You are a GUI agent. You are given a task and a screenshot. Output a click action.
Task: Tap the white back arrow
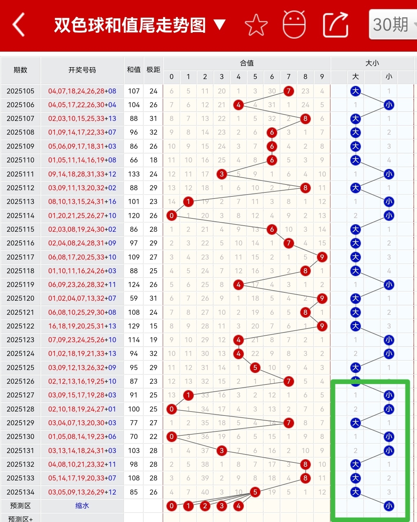point(19,25)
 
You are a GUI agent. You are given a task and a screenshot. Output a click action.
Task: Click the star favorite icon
point(256,25)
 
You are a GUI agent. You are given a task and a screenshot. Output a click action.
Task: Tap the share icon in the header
point(335,25)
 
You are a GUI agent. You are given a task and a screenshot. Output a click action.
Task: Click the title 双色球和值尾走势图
point(130,25)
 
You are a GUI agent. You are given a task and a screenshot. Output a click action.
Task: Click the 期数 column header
point(21,70)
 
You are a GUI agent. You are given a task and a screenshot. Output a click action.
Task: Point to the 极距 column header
point(153,70)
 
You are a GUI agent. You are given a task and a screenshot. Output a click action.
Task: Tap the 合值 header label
point(247,63)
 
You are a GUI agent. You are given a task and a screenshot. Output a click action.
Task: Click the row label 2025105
point(21,91)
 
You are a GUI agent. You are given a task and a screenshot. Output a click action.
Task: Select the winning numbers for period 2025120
point(82,299)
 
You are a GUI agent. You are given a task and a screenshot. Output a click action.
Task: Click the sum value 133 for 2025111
point(134,174)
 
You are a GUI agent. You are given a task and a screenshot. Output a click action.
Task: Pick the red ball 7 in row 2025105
point(289,91)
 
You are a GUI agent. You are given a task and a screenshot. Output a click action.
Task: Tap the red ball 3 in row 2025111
point(222,174)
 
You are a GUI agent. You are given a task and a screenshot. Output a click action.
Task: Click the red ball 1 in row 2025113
point(188,202)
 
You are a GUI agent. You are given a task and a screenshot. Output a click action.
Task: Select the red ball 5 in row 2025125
point(255,367)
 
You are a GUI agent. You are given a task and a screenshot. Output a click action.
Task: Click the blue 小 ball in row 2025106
point(389,105)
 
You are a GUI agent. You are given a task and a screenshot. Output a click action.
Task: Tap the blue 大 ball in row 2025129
point(356,423)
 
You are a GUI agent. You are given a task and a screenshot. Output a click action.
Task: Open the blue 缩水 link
point(82,506)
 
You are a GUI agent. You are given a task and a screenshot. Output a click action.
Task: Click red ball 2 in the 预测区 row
point(205,506)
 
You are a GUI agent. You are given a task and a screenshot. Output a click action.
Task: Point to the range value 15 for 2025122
point(153,326)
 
